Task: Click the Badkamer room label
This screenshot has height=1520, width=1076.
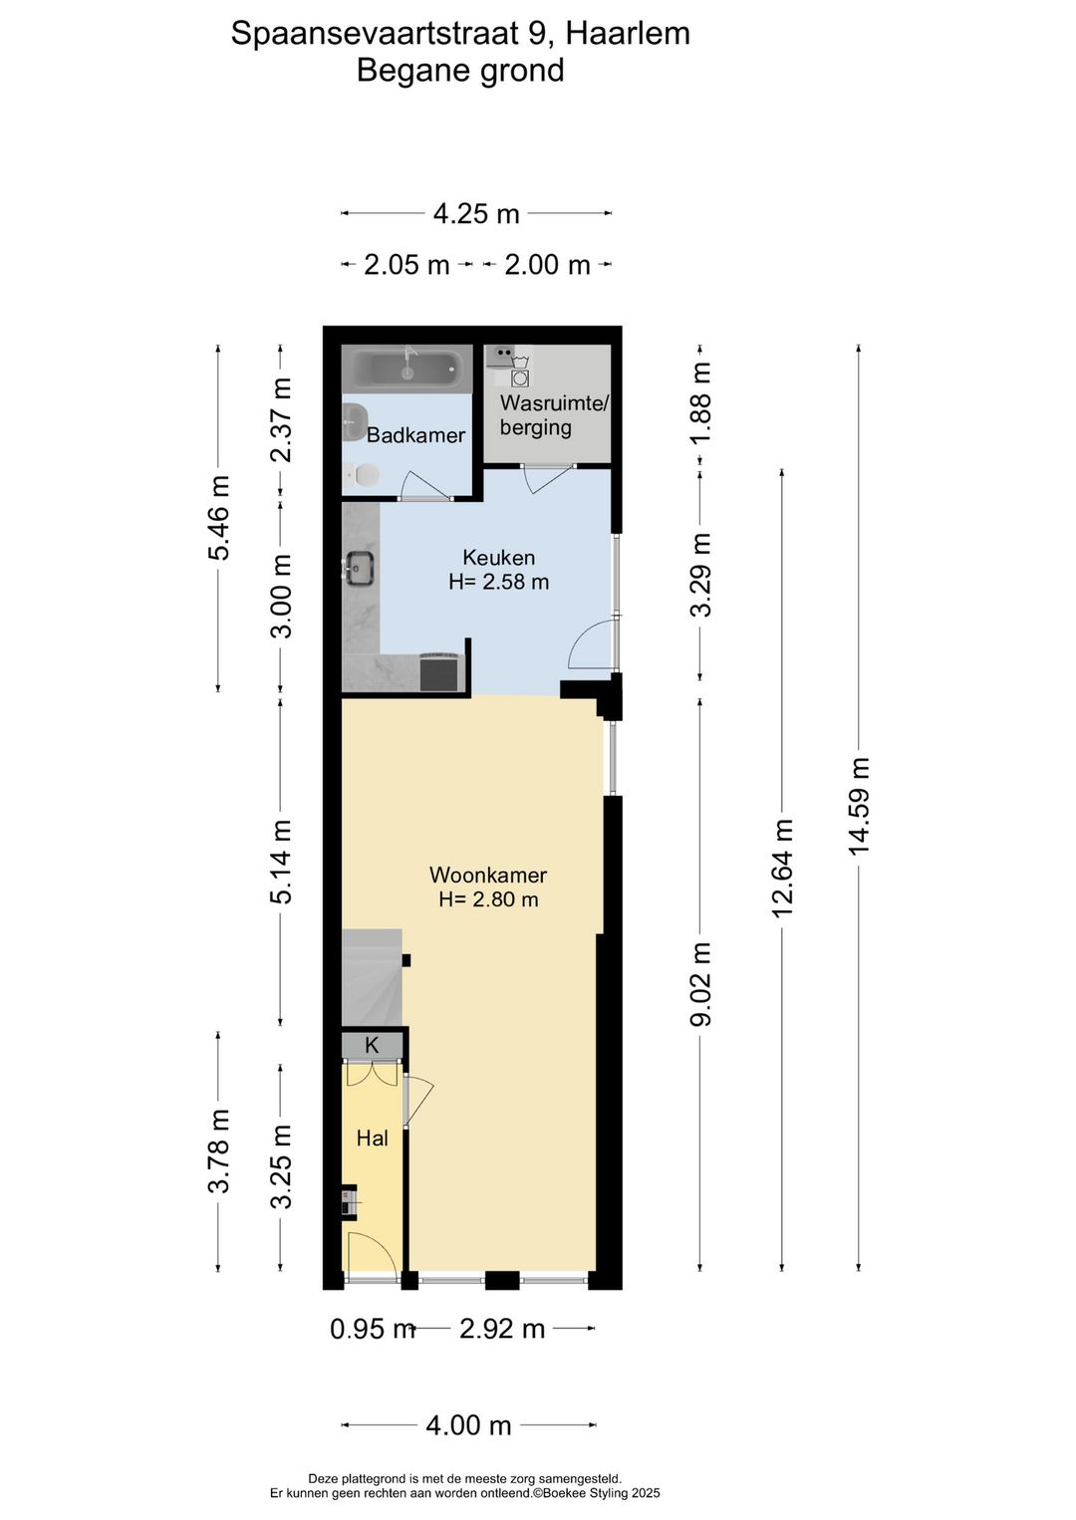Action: pos(415,435)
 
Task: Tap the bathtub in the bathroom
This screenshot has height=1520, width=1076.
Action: pos(406,370)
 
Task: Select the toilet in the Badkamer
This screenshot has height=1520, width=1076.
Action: pos(365,476)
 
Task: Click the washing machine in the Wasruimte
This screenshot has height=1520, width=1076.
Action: pos(519,378)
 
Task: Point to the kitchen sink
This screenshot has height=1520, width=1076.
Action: pos(359,568)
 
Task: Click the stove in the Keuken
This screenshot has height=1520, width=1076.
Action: pos(440,671)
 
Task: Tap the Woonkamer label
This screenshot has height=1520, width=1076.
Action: pos(488,876)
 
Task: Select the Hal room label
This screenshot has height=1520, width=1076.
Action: pos(373,1138)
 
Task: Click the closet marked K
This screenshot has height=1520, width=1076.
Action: pos(372,1046)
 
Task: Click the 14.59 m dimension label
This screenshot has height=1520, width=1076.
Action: pos(859,806)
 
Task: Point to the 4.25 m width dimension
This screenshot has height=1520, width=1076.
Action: pos(476,213)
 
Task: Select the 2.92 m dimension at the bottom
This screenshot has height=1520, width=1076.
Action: pos(502,1329)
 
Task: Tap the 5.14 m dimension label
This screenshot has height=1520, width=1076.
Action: pos(282,863)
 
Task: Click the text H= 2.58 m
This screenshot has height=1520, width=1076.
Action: pos(498,582)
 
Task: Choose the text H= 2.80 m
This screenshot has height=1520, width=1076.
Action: pos(488,899)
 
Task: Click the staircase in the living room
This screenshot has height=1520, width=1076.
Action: pos(371,977)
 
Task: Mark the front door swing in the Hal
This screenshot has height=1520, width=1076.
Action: pos(368,1252)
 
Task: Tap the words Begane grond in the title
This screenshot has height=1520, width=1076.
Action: pos(460,71)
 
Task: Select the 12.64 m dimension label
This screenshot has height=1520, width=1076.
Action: pos(782,868)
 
